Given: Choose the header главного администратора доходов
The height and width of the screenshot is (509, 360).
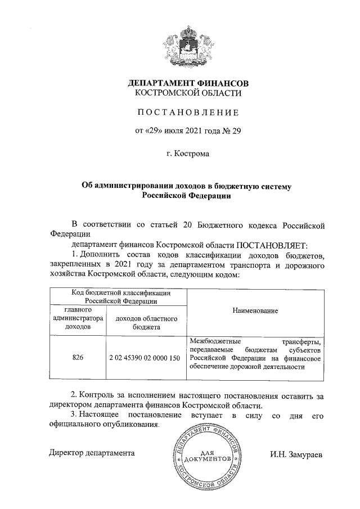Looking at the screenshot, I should tap(78, 318).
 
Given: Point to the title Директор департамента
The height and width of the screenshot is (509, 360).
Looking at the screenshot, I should tap(92, 452).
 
